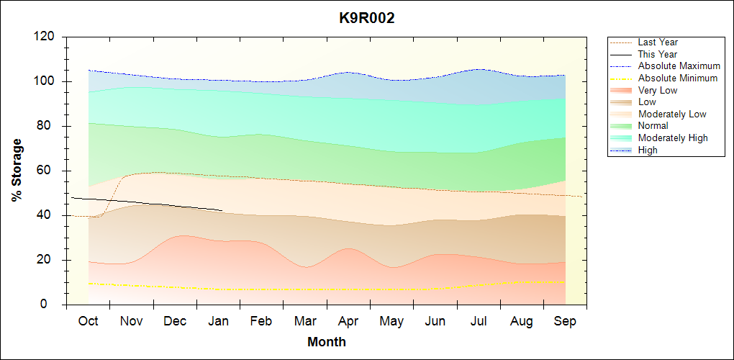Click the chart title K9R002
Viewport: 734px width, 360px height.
point(367,19)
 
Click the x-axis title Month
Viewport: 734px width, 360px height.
point(327,342)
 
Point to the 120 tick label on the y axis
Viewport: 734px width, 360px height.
point(45,37)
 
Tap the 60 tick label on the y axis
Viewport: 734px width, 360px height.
point(47,171)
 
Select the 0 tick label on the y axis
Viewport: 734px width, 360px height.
point(53,305)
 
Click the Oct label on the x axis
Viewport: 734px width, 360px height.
point(88,321)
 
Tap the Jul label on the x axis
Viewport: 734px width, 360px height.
point(479,321)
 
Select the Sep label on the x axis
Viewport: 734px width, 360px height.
point(565,321)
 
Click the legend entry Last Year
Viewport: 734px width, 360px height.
point(658,42)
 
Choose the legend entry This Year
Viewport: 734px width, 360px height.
point(657,54)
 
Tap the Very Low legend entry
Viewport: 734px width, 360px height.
point(658,90)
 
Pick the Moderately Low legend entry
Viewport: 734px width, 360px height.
point(672,114)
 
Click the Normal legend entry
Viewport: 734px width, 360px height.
point(653,126)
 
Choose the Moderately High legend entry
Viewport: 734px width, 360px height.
point(673,138)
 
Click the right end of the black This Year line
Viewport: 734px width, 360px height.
point(222,210)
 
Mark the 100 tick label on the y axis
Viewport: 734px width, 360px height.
point(45,81)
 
